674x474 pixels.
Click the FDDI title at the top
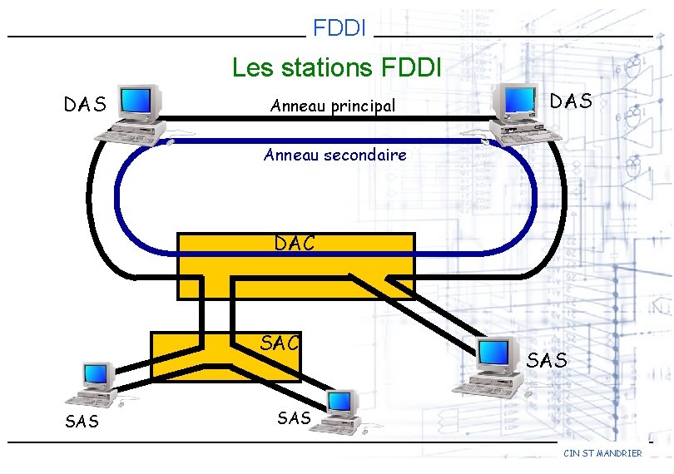pyautogui.click(x=339, y=28)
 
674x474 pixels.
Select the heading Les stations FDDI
pyautogui.click(x=337, y=66)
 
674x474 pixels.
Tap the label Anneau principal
pyautogui.click(x=332, y=106)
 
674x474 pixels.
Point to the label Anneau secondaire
pyautogui.click(x=335, y=155)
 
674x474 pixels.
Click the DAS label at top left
pyautogui.click(x=85, y=105)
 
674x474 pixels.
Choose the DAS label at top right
pyautogui.click(x=571, y=101)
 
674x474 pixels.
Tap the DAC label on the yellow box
pyautogui.click(x=295, y=243)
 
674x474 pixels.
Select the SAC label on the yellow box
pyautogui.click(x=280, y=342)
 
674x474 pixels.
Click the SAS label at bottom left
pyautogui.click(x=82, y=422)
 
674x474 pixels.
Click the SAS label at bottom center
pyautogui.click(x=294, y=418)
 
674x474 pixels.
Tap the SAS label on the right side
pyautogui.click(x=547, y=360)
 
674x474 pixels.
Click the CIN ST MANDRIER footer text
pyautogui.click(x=602, y=453)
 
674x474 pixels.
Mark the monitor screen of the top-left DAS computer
pyautogui.click(x=140, y=101)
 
